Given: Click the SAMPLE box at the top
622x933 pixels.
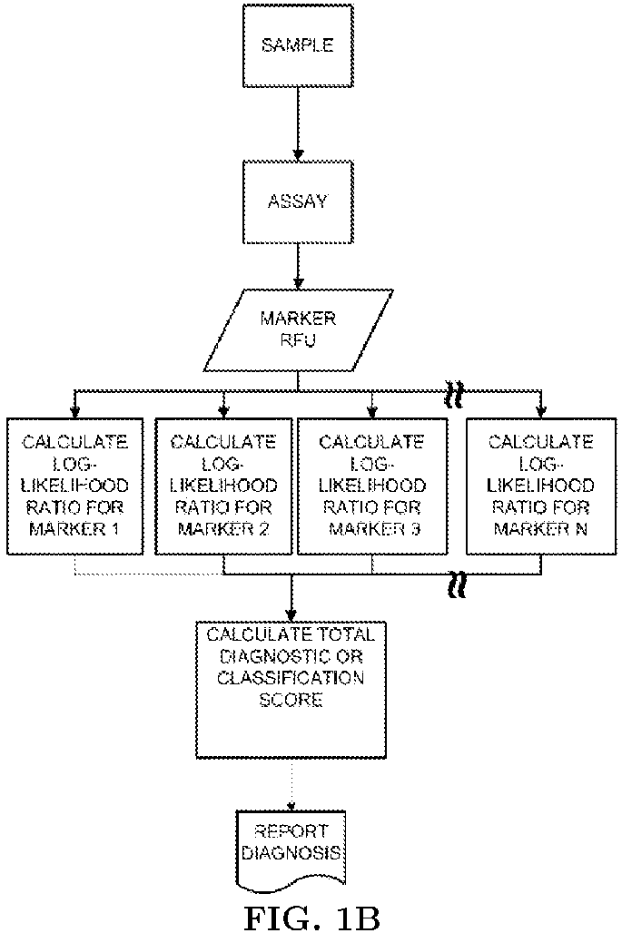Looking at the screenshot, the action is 298,45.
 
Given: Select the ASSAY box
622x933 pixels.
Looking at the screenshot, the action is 298,201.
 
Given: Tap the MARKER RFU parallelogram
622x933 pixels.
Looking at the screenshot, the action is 298,330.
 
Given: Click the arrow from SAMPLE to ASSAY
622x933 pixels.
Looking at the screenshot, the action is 298,124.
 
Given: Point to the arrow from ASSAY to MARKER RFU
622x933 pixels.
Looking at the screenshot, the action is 298,266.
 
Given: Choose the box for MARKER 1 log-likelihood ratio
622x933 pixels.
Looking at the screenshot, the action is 75,486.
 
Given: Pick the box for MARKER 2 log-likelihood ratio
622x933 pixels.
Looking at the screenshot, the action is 223,486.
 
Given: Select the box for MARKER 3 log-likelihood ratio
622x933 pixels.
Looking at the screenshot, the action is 372,486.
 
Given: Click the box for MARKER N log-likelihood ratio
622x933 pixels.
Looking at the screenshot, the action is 540,486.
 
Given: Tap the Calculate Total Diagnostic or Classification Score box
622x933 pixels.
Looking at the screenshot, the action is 291,690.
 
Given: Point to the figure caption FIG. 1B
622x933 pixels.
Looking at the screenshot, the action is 311,917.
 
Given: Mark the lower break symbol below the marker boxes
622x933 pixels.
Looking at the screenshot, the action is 457,584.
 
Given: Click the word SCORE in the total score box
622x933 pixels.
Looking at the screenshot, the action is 291,699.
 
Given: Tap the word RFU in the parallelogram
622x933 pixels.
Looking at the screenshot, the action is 298,340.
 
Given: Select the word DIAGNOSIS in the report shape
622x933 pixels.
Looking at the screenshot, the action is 291,853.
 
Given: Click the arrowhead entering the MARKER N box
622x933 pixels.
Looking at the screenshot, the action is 540,412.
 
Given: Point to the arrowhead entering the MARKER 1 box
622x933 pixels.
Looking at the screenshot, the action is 75,412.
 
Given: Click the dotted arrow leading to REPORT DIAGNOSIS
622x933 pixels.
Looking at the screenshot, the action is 291,784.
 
